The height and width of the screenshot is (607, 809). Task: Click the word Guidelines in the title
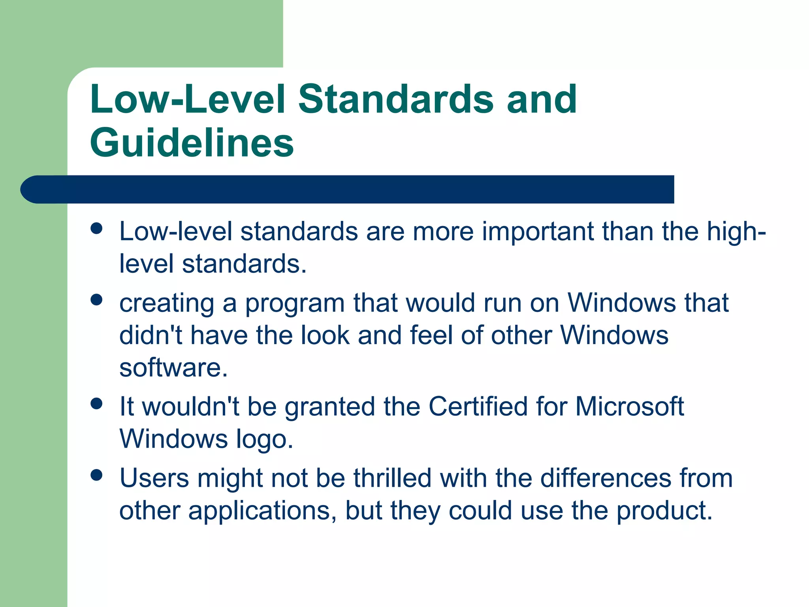pos(192,143)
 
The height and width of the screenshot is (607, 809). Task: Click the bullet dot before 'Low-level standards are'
pos(96,228)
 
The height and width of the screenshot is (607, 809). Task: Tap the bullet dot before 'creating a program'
pos(96,300)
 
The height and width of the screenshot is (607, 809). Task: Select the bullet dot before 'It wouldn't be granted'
pos(96,403)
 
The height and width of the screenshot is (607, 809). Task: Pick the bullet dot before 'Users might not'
pos(96,475)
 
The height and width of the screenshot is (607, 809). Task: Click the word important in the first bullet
pos(537,232)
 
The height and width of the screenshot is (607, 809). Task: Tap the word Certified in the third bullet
pos(478,407)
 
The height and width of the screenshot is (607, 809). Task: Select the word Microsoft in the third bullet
pos(629,407)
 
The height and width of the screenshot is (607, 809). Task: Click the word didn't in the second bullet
pos(151,336)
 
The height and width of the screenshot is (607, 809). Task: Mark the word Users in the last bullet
pos(154,478)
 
